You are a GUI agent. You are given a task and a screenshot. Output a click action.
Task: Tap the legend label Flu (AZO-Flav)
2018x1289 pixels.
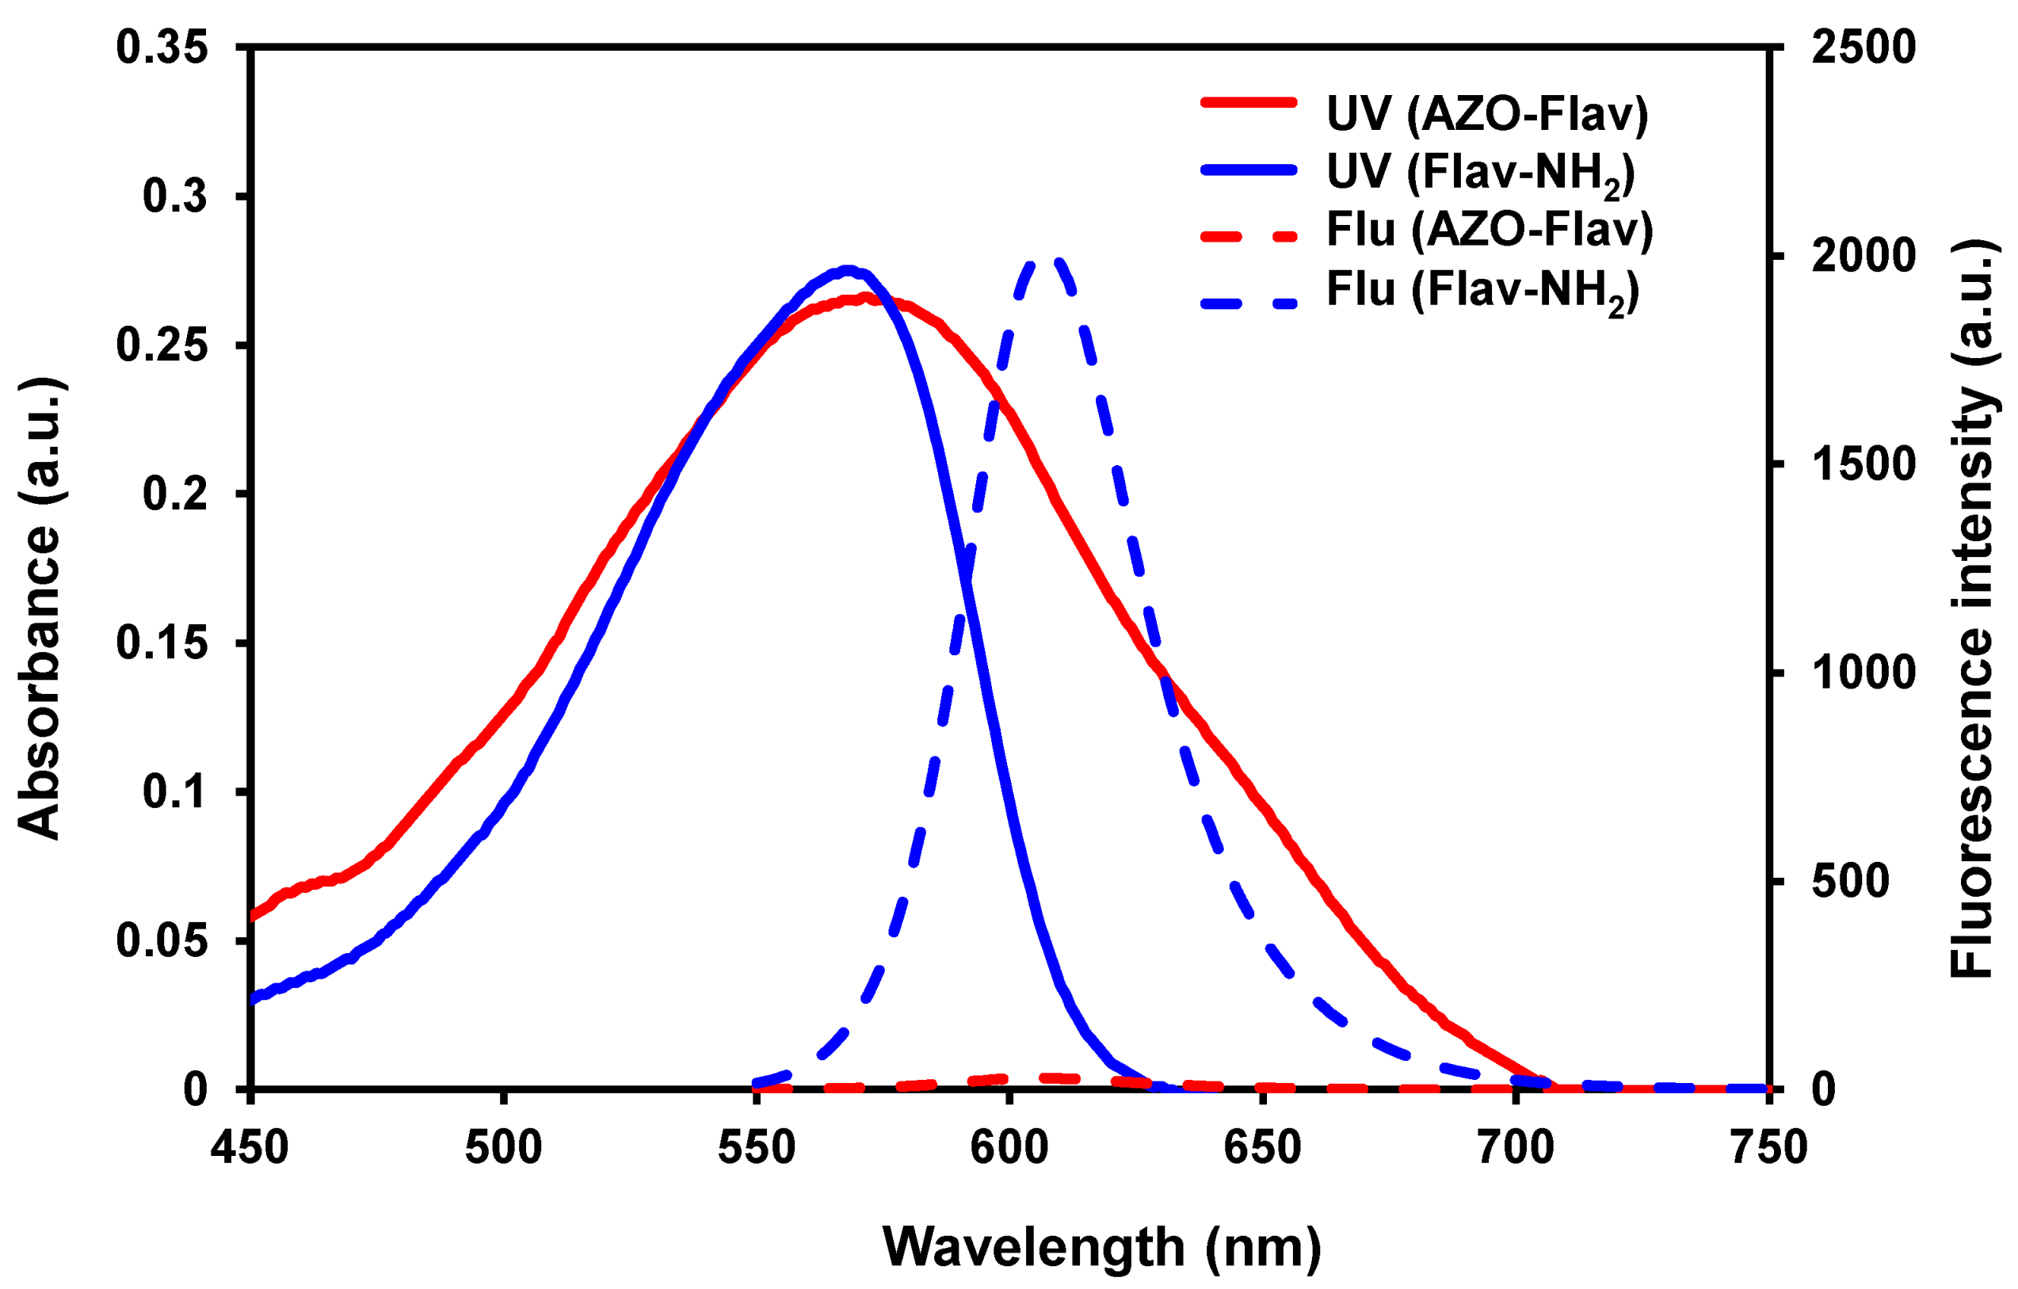point(1490,230)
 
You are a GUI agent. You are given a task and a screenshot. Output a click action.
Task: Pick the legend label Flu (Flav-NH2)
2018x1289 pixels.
point(1482,290)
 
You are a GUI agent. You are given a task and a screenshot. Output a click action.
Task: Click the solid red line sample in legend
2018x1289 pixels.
point(1249,103)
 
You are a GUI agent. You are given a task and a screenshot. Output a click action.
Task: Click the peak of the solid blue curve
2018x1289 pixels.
point(848,271)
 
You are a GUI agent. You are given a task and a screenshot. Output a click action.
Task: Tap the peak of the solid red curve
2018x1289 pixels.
point(868,296)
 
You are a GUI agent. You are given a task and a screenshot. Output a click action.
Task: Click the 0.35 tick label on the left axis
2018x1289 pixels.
point(162,48)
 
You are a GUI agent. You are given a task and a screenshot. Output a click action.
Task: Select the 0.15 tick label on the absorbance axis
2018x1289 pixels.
point(162,643)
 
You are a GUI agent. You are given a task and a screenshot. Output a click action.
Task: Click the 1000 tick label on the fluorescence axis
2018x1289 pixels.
point(1863,672)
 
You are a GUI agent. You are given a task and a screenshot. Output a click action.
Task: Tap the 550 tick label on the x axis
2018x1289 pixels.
point(757,1147)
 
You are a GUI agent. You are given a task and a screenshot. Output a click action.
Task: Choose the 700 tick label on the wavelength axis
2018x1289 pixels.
point(1515,1147)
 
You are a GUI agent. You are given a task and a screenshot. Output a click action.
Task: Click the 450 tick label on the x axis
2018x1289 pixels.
point(250,1147)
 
